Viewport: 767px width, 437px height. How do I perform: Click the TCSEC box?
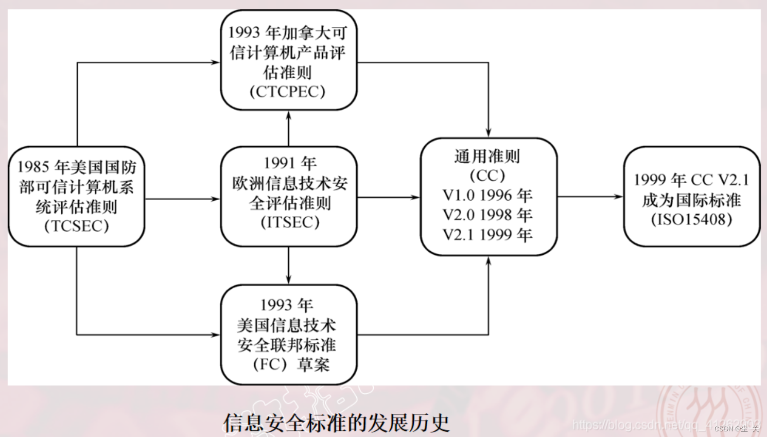coord(76,196)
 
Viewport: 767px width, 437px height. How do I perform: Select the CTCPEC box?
coord(288,61)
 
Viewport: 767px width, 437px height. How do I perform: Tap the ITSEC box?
coord(288,196)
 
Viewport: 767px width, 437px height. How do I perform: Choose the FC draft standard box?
coord(288,335)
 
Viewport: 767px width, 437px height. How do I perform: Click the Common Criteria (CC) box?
coord(488,196)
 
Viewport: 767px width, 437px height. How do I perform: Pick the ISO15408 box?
coord(691,196)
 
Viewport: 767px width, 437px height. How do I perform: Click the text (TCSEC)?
coord(76,226)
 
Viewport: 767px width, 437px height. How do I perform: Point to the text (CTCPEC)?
coord(287,92)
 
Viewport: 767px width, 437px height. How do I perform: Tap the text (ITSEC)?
coord(290,222)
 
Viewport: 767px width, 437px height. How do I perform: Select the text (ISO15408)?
coord(691,220)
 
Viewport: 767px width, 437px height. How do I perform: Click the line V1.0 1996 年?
coord(487,196)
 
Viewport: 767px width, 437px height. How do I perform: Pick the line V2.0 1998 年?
coord(487,215)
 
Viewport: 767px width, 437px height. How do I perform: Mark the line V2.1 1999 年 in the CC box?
coord(487,235)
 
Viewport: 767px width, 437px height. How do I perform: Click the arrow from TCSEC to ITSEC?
coord(182,199)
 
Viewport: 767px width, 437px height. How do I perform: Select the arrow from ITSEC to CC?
coord(388,197)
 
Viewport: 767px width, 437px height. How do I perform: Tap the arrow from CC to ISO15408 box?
coord(590,197)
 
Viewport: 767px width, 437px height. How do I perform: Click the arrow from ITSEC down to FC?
coord(288,265)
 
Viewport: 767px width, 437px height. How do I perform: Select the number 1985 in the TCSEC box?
coord(33,167)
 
